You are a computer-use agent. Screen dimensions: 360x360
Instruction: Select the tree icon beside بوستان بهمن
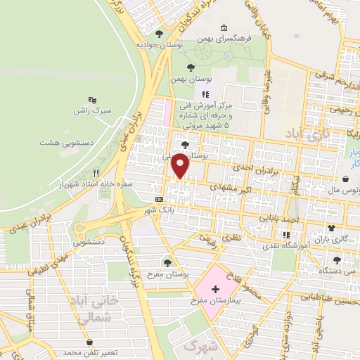191,67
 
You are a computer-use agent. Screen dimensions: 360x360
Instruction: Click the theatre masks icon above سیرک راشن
91,100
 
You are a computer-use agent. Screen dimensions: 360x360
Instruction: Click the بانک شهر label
158,210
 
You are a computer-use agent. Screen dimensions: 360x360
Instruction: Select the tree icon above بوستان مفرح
167,262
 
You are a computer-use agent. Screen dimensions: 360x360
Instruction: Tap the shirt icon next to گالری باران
332,229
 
